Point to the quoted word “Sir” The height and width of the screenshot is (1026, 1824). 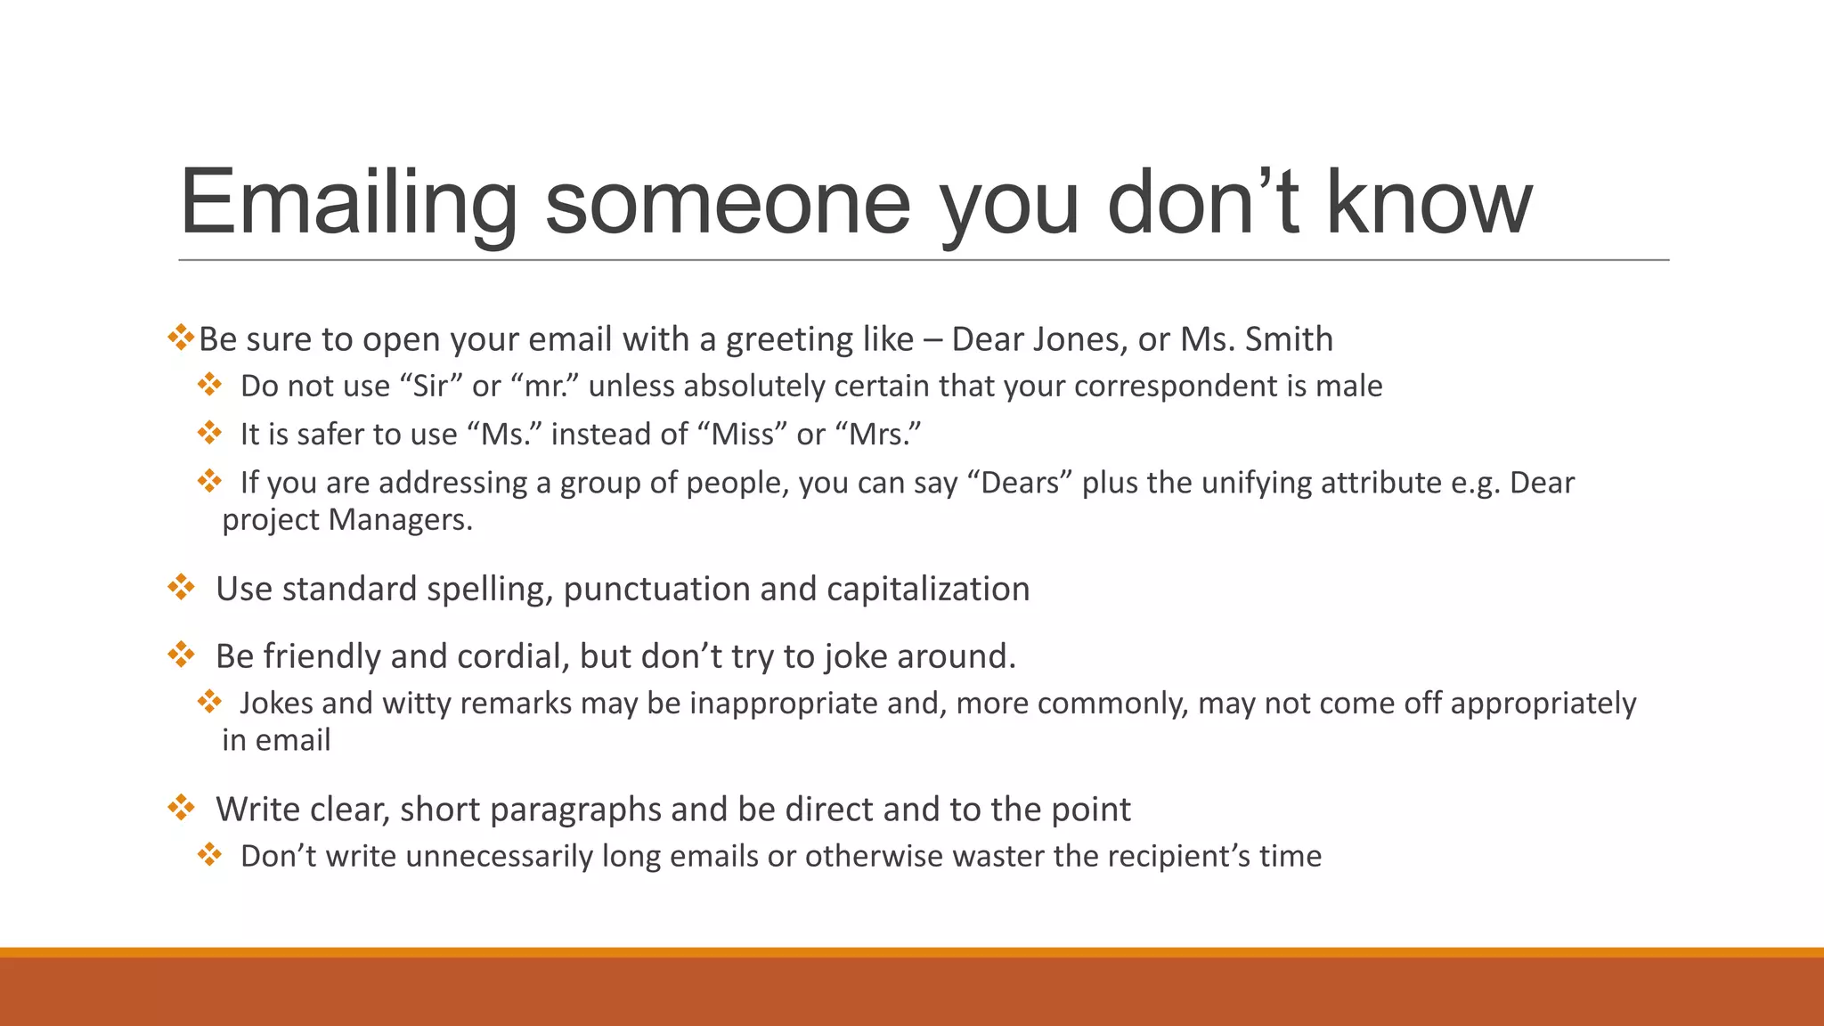(x=431, y=387)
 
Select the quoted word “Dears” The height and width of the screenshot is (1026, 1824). (x=1026, y=483)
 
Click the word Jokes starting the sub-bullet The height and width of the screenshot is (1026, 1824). (x=276, y=704)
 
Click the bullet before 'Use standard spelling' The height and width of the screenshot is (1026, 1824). (x=182, y=587)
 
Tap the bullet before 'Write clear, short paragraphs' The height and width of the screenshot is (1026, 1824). (x=182, y=807)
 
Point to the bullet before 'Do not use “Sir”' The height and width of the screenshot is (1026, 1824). (x=210, y=385)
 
